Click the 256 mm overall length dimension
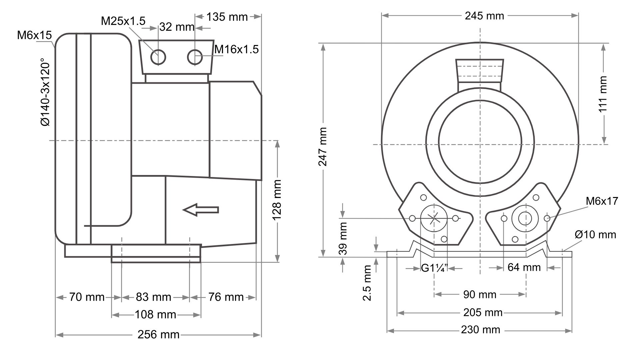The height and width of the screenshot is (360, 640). [x=158, y=335]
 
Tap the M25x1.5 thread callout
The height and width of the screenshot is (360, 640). [x=123, y=21]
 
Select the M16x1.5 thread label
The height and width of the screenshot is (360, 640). [x=236, y=49]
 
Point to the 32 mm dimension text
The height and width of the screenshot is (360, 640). [x=177, y=27]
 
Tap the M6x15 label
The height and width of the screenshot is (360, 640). [x=35, y=35]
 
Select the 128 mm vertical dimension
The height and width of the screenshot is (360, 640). [x=277, y=200]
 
